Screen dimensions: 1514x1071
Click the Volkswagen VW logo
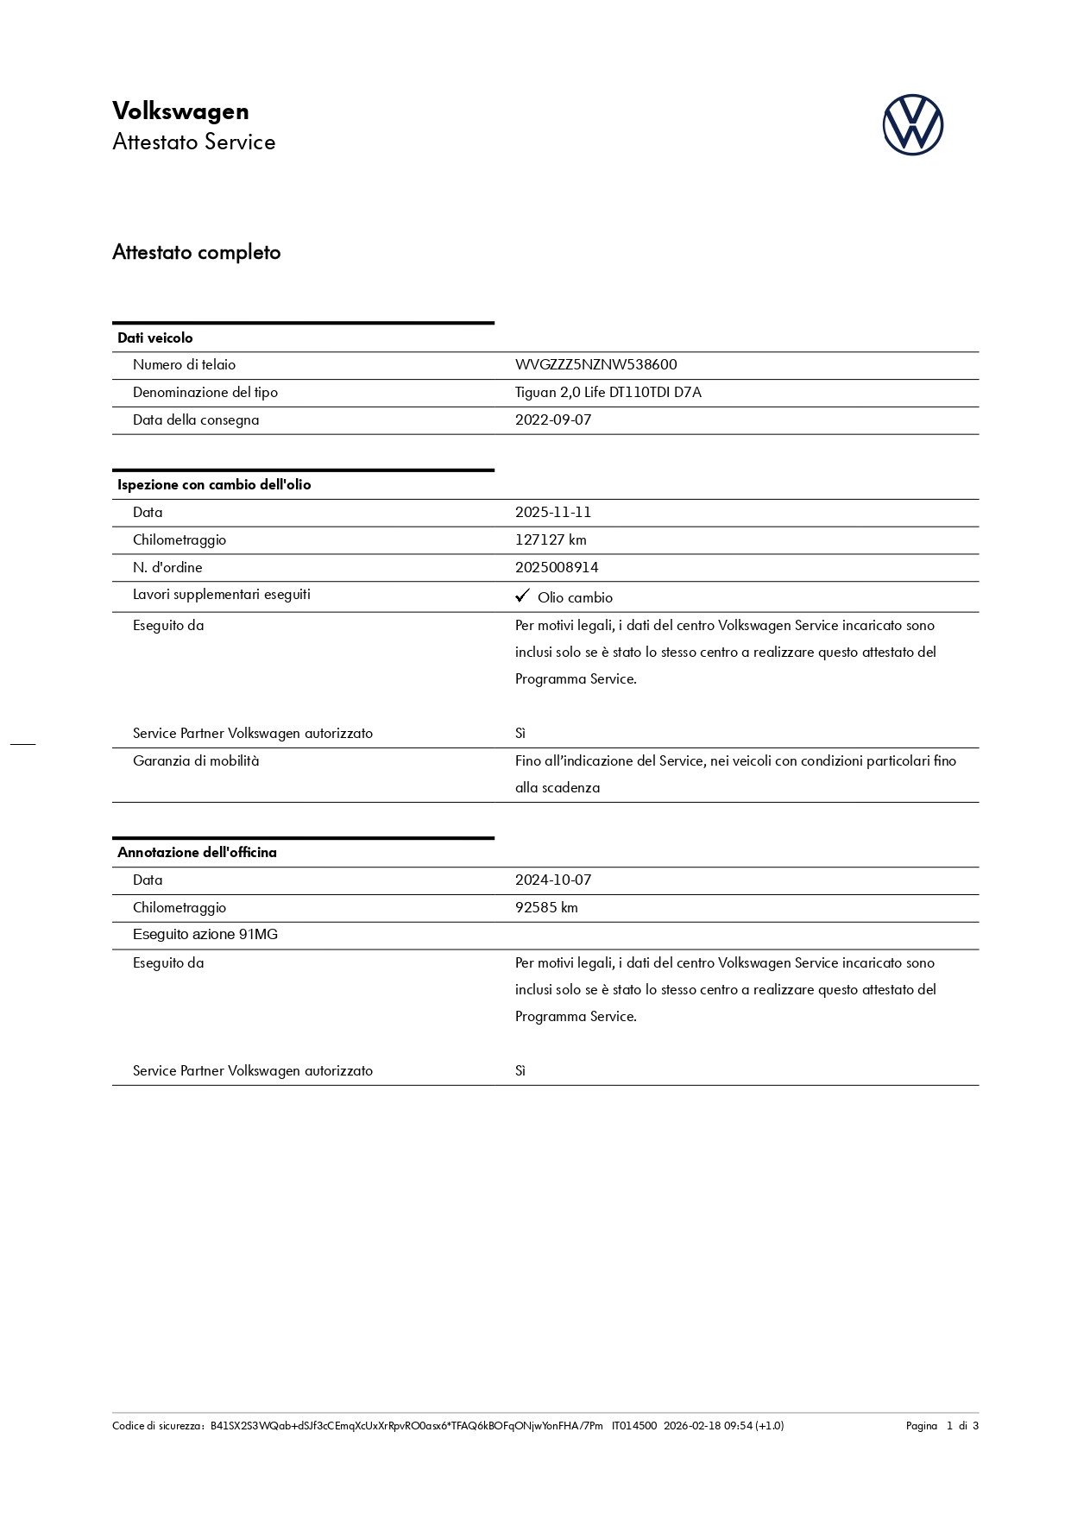tap(912, 125)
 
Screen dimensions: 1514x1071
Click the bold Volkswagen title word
tap(180, 111)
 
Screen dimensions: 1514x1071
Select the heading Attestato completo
tap(196, 253)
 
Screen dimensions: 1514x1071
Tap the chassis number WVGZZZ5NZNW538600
tap(595, 365)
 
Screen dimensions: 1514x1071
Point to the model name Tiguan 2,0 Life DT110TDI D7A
tap(608, 393)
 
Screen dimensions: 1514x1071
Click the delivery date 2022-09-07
tap(553, 420)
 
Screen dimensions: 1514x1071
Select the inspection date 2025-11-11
tap(553, 513)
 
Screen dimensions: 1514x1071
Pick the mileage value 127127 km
tap(551, 540)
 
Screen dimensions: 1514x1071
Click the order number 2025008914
tap(557, 568)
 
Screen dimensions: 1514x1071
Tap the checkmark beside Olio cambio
tap(521, 596)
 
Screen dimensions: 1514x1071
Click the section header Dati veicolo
tap(155, 338)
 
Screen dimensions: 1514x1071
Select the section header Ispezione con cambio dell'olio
tap(214, 485)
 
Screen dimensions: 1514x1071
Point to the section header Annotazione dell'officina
tap(197, 853)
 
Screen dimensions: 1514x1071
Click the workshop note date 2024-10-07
tap(553, 880)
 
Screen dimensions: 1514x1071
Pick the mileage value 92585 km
tap(546, 908)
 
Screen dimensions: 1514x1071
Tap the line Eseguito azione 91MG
tap(205, 935)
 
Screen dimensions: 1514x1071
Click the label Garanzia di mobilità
tap(196, 761)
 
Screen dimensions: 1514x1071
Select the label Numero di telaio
tap(184, 365)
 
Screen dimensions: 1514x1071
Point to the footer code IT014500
tap(634, 1426)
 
